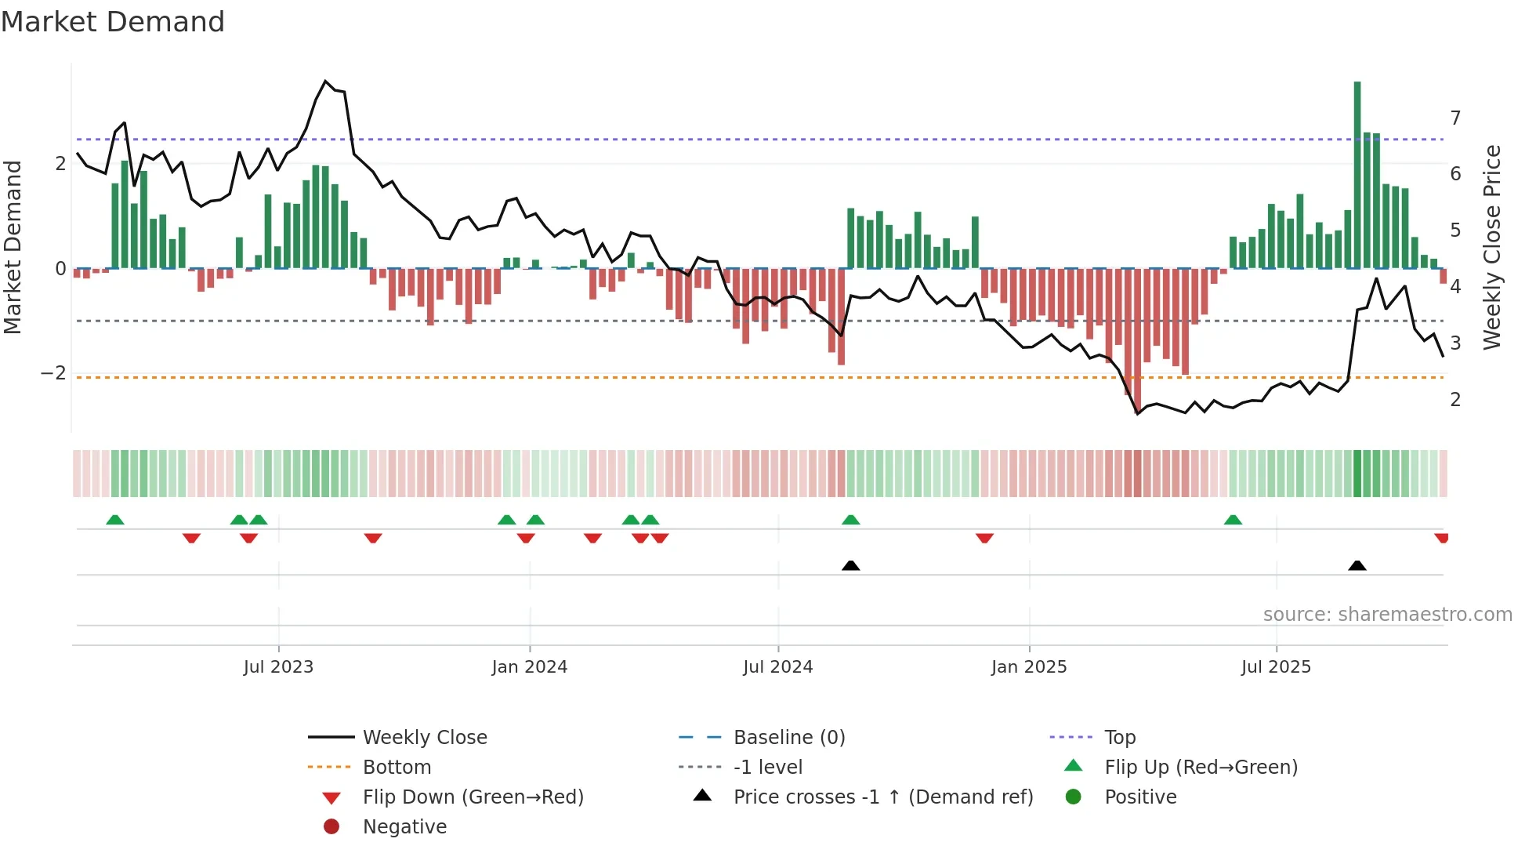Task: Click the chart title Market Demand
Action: [x=113, y=22]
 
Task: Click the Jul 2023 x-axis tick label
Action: [x=278, y=667]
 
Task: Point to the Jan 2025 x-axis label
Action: [x=1029, y=667]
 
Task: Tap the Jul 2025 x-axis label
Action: [x=1276, y=667]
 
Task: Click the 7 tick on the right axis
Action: [x=1455, y=118]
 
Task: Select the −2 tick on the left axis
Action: [x=54, y=373]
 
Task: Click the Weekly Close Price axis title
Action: [x=1492, y=247]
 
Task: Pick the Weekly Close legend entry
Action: [x=424, y=738]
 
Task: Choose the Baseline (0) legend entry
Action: [x=788, y=738]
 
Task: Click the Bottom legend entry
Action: [x=397, y=768]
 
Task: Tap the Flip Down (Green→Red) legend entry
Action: [x=473, y=797]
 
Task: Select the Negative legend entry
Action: [x=404, y=827]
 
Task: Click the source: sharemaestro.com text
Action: [x=1387, y=615]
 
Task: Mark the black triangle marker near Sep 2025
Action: [x=1357, y=565]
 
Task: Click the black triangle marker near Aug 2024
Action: [x=850, y=565]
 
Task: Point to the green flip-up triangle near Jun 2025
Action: [x=1233, y=520]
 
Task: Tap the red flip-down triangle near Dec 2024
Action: [x=984, y=538]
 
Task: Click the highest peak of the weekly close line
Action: [x=326, y=82]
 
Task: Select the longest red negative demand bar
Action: [x=1137, y=337]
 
